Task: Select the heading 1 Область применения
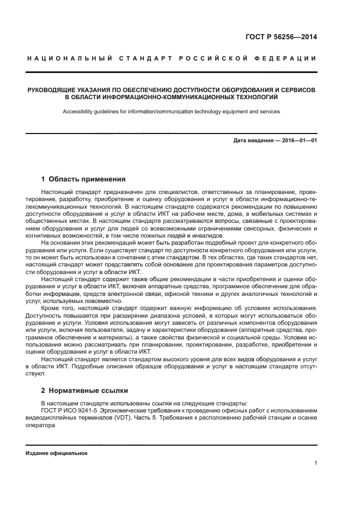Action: (x=83, y=179)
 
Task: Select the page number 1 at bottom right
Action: (x=315, y=464)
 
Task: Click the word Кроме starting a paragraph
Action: (x=51, y=308)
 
